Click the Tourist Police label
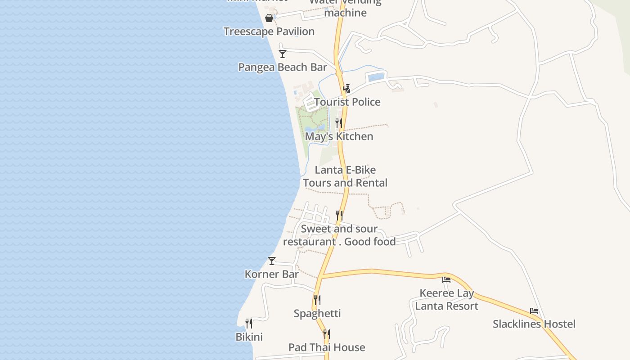click(x=347, y=102)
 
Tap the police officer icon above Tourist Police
click(x=346, y=89)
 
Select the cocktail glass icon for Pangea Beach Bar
click(x=283, y=54)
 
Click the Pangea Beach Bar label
click(x=282, y=67)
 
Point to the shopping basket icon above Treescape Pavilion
click(x=269, y=18)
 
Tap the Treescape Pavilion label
click(x=269, y=31)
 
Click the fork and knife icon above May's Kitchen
click(x=339, y=123)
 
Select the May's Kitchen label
click(x=339, y=136)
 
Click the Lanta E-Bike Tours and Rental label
click(x=345, y=176)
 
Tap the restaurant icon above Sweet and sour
click(x=339, y=216)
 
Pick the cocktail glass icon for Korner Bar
click(x=272, y=261)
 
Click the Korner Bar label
click(x=271, y=274)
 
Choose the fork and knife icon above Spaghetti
click(x=317, y=300)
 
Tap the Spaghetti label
click(x=317, y=314)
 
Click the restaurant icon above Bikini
click(x=249, y=323)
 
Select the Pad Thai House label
click(x=327, y=347)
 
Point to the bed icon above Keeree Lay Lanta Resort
click(x=446, y=279)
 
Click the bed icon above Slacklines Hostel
click(x=534, y=311)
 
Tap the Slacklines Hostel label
click(x=534, y=324)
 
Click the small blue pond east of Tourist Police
click(x=377, y=77)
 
